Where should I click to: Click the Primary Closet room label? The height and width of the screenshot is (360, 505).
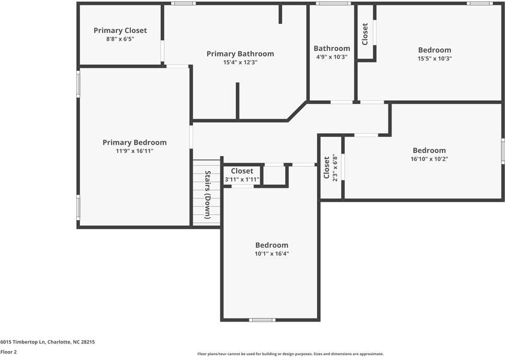pos(120,31)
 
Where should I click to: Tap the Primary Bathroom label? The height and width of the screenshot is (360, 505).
pos(240,54)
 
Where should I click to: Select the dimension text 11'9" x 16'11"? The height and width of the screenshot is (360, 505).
pos(135,151)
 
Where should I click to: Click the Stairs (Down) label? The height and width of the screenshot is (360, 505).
pos(208,194)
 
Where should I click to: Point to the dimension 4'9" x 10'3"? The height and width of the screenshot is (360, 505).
pos(331,57)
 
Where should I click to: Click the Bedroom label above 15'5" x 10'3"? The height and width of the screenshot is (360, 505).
pos(435,50)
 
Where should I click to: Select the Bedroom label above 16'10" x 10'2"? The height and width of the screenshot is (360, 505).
pos(429,151)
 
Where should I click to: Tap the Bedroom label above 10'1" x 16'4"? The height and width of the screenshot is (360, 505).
pos(271,245)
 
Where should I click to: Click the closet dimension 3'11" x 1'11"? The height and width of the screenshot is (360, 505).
pos(242,179)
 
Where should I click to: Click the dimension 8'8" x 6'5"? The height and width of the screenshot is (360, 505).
pos(120,39)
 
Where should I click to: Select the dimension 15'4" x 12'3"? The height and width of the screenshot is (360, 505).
pos(240,62)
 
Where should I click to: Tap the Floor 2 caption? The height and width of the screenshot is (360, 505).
pos(8,352)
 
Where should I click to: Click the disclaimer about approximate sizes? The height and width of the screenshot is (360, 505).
pos(290,354)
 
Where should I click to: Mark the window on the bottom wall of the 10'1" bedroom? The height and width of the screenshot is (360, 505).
pos(262,320)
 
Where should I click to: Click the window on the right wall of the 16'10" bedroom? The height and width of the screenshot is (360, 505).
pos(503,151)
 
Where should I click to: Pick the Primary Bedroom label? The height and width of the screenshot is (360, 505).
pos(135,143)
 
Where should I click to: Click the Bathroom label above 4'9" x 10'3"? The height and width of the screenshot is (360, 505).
pos(331,49)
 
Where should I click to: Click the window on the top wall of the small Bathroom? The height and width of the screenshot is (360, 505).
pos(334,4)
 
